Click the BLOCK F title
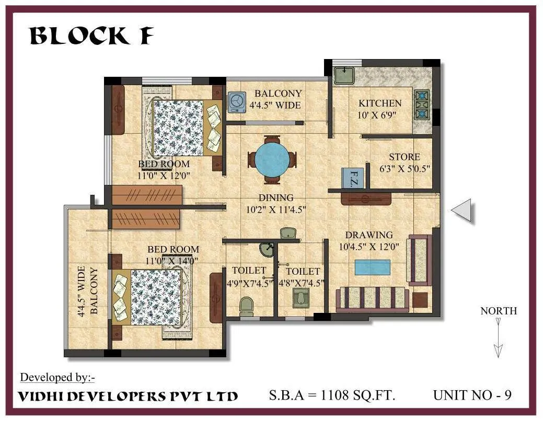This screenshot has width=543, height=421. click(x=91, y=36)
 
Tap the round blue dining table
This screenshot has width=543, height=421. click(x=271, y=160)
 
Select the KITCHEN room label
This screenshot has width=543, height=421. click(x=380, y=103)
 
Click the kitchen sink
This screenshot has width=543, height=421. click(x=344, y=75)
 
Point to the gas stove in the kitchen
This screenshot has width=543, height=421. click(x=421, y=104)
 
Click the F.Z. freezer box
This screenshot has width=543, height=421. click(x=353, y=178)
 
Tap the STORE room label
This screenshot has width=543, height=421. click(x=404, y=157)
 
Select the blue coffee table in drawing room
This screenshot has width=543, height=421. click(x=372, y=267)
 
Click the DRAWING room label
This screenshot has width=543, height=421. click(x=368, y=235)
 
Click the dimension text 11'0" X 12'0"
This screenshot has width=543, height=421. click(x=163, y=176)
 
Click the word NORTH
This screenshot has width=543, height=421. click(x=499, y=311)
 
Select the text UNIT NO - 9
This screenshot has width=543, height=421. click(x=472, y=395)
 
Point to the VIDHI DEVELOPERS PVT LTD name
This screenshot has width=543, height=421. click(x=128, y=396)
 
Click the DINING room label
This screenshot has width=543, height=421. click(x=276, y=198)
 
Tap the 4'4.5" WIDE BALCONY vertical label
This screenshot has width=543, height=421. click(x=88, y=293)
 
